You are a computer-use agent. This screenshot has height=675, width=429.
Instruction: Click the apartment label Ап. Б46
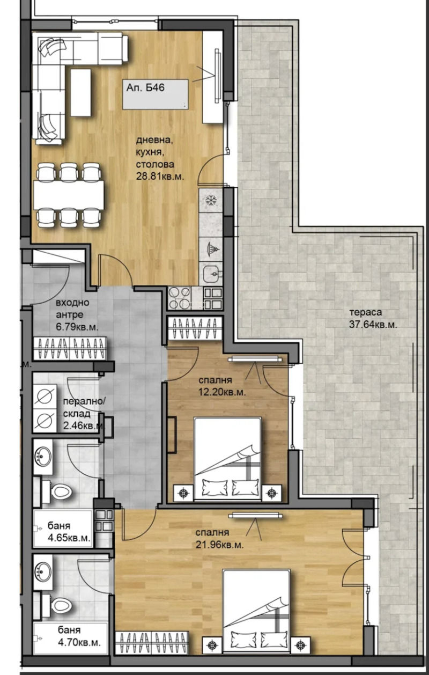tap(145, 88)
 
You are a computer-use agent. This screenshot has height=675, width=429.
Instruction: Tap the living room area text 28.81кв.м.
tap(160, 175)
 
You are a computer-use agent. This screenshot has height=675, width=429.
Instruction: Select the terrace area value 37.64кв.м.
tap(373, 324)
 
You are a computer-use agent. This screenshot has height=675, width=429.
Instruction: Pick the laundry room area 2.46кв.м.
tap(83, 427)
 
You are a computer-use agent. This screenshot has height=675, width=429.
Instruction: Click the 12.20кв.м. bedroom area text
tap(220, 392)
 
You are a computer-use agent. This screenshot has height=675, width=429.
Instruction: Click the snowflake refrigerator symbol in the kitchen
tap(210, 202)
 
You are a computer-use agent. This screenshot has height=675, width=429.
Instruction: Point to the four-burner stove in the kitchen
tap(180, 298)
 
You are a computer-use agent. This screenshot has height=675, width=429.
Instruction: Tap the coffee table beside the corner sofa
tap(82, 93)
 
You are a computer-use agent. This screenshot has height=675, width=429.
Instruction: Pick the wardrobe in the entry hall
tap(70, 349)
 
